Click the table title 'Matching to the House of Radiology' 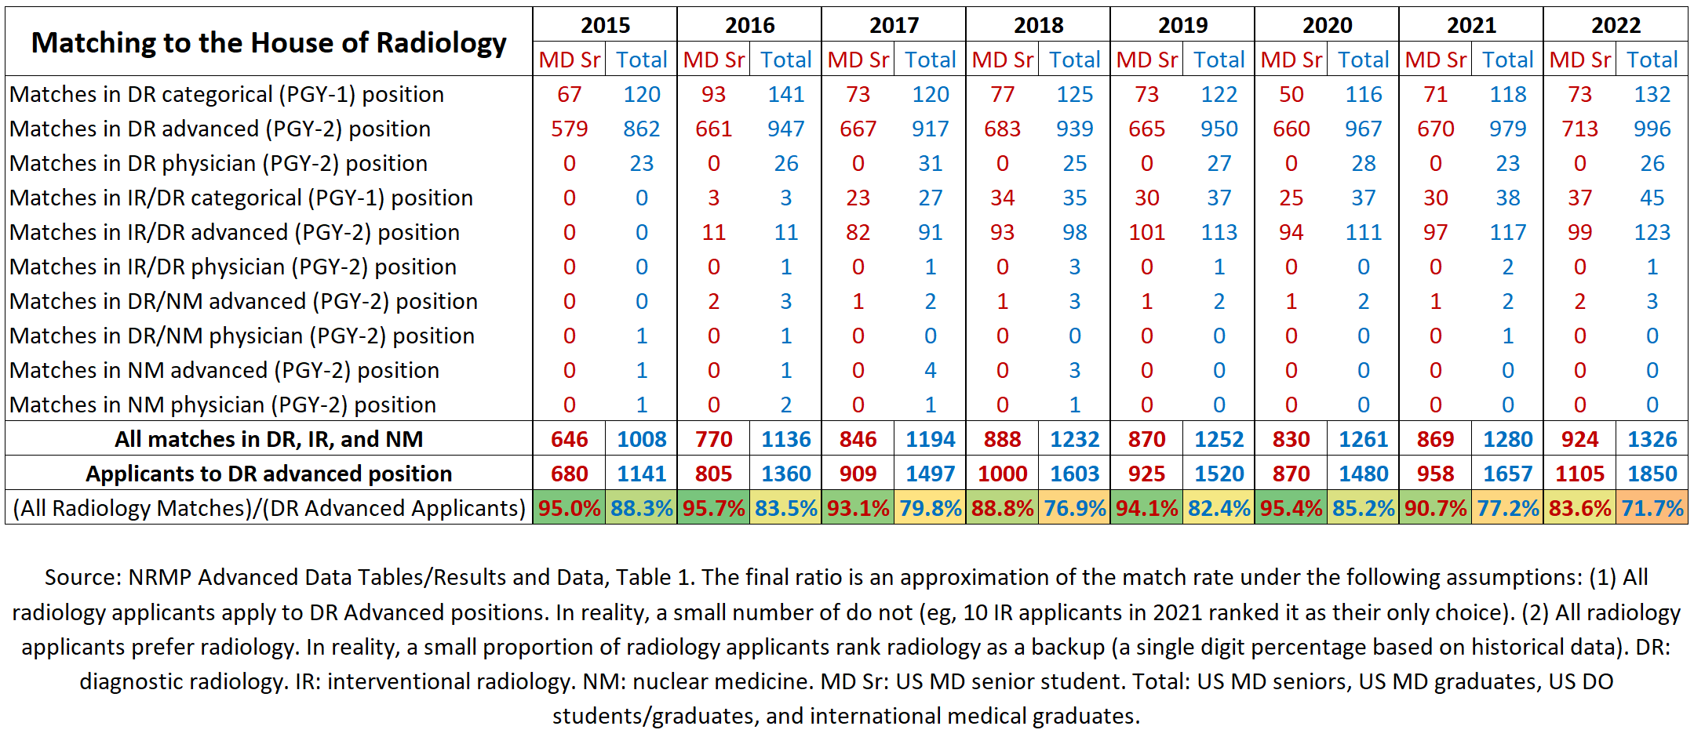(269, 42)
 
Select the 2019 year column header (1182, 25)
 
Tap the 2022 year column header (1616, 25)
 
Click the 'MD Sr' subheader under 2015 (570, 60)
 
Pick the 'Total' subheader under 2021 (1507, 60)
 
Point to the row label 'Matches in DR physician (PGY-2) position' (219, 163)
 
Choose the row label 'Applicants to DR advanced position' (269, 474)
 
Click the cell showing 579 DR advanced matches (570, 129)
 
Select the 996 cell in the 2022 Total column (1652, 129)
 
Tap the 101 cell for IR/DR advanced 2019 (1146, 232)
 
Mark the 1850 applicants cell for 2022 (1652, 474)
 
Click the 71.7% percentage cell (1652, 508)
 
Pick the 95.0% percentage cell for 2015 (570, 508)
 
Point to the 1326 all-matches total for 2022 (1652, 439)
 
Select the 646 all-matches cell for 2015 (570, 439)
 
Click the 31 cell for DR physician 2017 (930, 163)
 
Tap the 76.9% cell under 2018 (1074, 508)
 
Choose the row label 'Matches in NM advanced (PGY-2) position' (224, 370)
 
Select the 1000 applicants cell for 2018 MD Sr (1002, 474)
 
